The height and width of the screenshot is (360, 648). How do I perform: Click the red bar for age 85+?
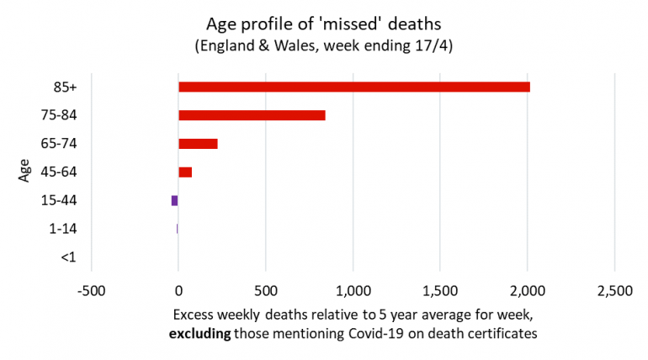click(353, 87)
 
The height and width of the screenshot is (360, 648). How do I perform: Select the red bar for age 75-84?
click(252, 115)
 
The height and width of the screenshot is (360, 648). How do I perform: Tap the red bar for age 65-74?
click(198, 144)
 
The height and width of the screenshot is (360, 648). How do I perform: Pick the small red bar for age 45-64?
click(185, 172)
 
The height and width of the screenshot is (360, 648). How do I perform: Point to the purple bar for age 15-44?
click(174, 200)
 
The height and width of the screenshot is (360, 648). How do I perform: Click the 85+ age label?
click(66, 87)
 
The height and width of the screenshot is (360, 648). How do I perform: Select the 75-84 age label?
click(61, 115)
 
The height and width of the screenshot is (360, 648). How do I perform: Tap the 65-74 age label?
click(61, 144)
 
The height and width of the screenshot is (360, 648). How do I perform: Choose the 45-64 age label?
click(61, 172)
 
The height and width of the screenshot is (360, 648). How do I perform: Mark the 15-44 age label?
click(61, 200)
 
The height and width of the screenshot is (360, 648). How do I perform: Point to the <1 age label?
click(68, 257)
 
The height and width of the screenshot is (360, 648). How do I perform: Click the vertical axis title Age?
click(25, 172)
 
